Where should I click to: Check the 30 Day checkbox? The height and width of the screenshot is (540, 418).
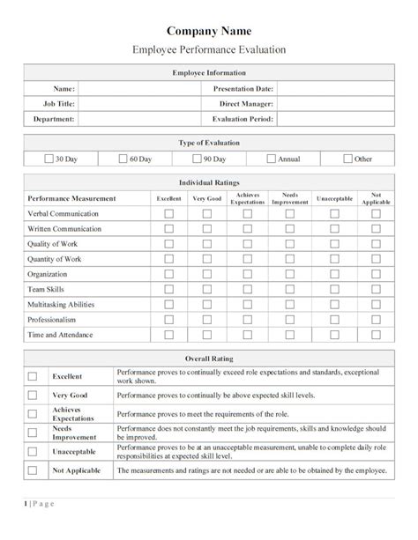coord(49,159)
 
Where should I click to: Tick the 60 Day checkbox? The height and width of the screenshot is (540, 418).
coord(124,159)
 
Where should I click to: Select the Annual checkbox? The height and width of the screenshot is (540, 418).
coord(272,159)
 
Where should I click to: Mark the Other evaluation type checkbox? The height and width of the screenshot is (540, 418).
coord(348,159)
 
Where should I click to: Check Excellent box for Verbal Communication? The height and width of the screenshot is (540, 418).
coord(168,214)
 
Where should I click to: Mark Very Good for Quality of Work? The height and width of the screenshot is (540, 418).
coord(207,245)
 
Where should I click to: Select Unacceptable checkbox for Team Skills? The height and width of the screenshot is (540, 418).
coord(334,288)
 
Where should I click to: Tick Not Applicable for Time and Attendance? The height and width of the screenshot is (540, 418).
coord(376,335)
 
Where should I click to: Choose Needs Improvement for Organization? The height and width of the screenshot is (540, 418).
coord(290,273)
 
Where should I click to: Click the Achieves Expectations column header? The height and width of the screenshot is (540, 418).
coord(248,199)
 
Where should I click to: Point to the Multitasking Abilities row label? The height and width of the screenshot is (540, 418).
coord(63,304)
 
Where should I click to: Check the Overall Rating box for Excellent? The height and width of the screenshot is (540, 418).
coord(33,375)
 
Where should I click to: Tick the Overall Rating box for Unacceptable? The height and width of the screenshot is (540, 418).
coord(33,451)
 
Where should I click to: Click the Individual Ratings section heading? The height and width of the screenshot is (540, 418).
coord(208,182)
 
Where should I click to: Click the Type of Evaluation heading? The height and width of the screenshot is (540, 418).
coord(208,142)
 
